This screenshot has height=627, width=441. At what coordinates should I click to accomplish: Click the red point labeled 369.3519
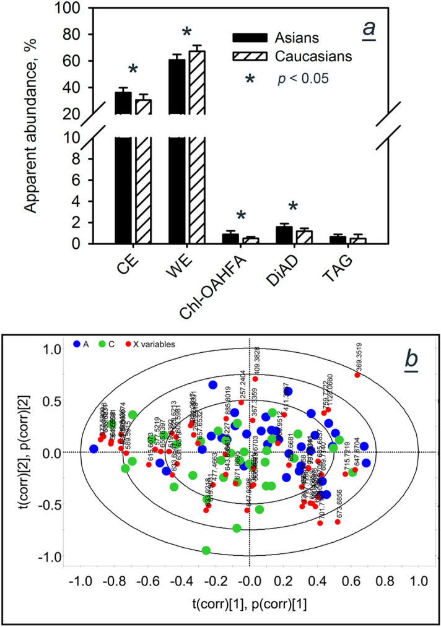click(x=357, y=375)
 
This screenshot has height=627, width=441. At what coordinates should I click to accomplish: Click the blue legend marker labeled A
click(x=77, y=343)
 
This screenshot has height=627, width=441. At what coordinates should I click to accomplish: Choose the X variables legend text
click(x=141, y=343)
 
